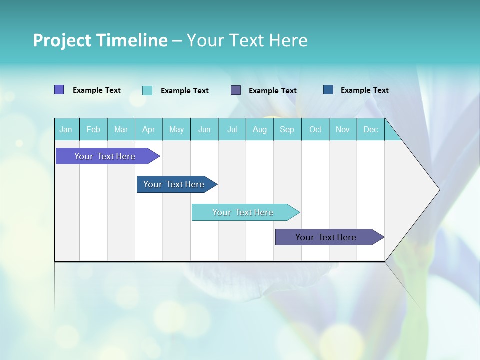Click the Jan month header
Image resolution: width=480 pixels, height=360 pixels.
(x=66, y=129)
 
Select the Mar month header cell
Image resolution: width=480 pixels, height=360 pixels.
(x=121, y=129)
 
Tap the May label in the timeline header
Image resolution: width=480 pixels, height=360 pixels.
(x=176, y=129)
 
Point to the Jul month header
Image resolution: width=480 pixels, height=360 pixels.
(x=232, y=129)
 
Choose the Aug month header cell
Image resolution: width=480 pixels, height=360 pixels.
(x=259, y=129)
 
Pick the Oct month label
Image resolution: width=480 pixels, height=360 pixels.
(x=315, y=129)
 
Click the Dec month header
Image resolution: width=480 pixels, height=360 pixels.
(x=370, y=129)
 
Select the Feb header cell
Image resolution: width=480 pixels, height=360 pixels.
(x=93, y=129)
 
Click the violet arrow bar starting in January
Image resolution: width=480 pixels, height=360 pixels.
(x=105, y=156)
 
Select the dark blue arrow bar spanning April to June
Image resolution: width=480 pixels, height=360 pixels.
(x=174, y=184)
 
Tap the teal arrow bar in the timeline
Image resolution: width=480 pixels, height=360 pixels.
(x=243, y=212)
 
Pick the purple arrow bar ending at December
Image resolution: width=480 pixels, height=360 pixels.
(x=326, y=237)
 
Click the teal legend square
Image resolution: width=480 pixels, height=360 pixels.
(x=147, y=90)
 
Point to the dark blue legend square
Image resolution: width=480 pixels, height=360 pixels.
(x=328, y=90)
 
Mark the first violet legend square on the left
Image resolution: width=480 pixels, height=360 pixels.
(x=59, y=90)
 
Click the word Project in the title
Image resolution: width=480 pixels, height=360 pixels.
(x=62, y=40)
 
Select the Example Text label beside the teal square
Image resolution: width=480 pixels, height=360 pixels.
(x=185, y=91)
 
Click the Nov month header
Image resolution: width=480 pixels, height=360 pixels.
(x=343, y=129)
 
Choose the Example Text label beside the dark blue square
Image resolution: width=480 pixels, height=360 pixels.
(x=365, y=90)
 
